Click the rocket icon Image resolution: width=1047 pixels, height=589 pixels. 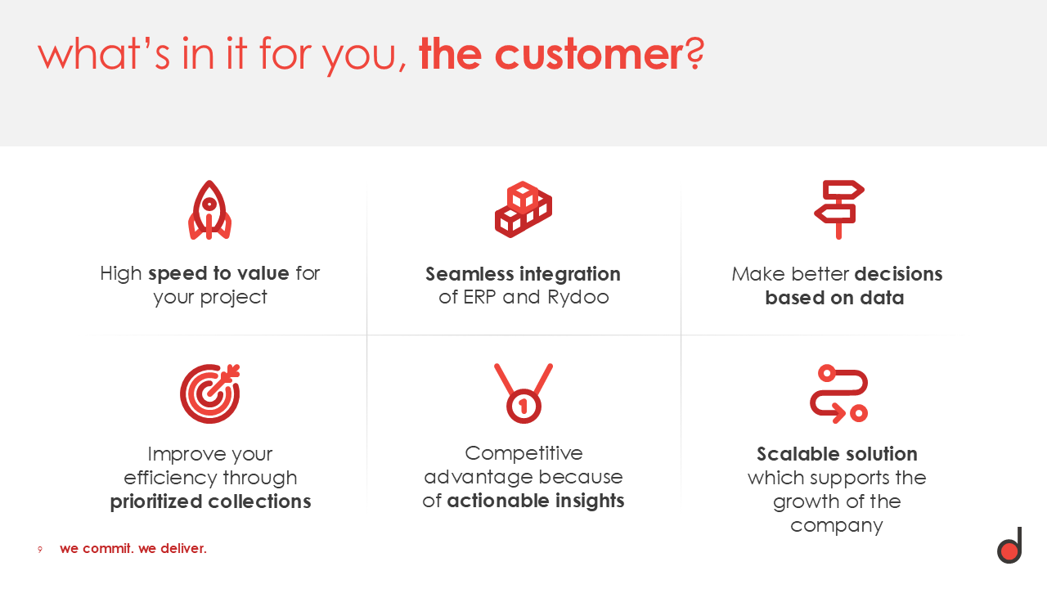coord(209,210)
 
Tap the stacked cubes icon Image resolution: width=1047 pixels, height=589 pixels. coord(523,209)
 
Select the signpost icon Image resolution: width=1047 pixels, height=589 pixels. coord(839,209)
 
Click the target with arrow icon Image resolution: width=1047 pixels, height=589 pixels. coord(210,393)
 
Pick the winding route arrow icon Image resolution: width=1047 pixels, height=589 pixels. coord(839,393)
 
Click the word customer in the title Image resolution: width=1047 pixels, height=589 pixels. coord(590,55)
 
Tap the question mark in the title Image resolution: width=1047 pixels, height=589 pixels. coord(695,54)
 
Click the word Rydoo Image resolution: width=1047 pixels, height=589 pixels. coord(578,297)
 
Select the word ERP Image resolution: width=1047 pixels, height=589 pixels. coord(479,297)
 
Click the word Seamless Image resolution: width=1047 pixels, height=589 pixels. coord(470,274)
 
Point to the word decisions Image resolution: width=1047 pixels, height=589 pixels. coord(898,274)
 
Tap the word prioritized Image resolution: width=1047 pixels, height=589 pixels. coord(156,501)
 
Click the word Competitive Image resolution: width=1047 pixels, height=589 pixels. coord(523,453)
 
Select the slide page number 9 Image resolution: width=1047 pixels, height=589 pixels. coord(40,550)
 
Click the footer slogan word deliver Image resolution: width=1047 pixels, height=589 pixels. coord(183,548)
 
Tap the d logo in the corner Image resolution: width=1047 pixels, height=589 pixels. coord(1009,545)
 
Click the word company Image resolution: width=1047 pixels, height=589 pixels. coord(837,526)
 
